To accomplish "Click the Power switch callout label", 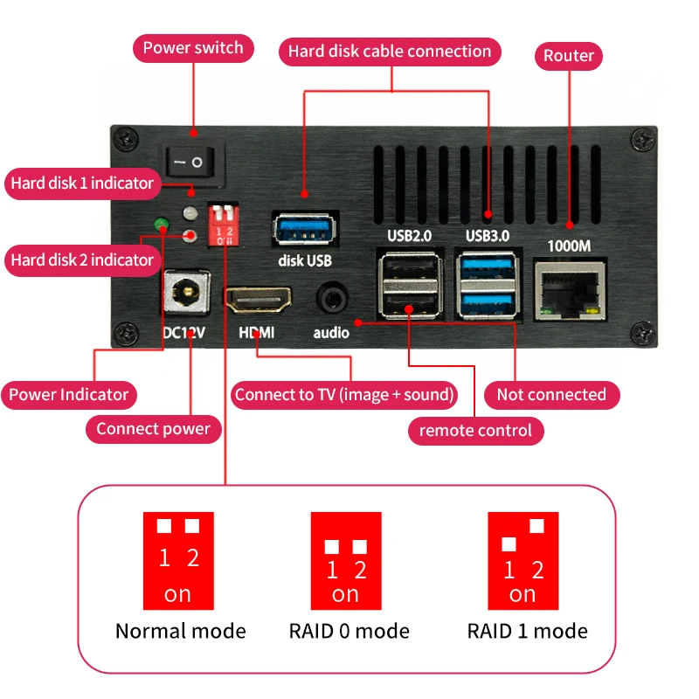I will pos(193,47).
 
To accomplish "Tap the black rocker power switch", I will pos(191,162).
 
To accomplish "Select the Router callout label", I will pos(569,56).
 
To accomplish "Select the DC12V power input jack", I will pos(187,292).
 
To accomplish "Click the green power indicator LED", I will pos(162,225).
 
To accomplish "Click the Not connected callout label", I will pos(550,394).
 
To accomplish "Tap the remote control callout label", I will pos(475,430).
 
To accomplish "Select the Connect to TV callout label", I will pos(345,394).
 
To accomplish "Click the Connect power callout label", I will pos(153,428).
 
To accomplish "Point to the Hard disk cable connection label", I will pos(390,52).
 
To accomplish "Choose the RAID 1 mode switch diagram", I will pos(523,560).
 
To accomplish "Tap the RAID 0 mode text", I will pos(349,631).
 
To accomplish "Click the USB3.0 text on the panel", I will pos(488,235).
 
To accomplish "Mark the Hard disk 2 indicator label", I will pos(82,260).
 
